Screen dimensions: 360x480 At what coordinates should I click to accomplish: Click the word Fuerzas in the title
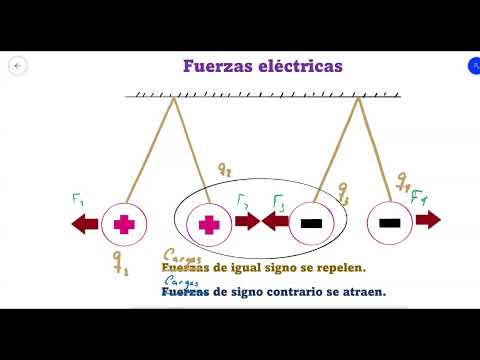point(214,66)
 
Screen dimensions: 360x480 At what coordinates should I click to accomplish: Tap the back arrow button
point(17,66)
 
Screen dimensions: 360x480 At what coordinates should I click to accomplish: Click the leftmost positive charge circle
point(123,223)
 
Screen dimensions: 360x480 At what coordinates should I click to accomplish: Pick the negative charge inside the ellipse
point(311,222)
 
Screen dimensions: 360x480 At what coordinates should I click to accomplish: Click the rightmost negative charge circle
point(390,222)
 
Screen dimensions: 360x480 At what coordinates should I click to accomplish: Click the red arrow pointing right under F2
point(248,222)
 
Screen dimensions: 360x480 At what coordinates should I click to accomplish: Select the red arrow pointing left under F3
point(274,222)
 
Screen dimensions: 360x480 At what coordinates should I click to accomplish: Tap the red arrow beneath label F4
point(428,220)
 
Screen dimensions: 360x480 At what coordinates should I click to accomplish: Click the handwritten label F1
point(77,199)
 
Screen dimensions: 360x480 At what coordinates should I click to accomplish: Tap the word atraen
point(359,292)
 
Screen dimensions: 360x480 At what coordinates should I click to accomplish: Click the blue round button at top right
point(473,66)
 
